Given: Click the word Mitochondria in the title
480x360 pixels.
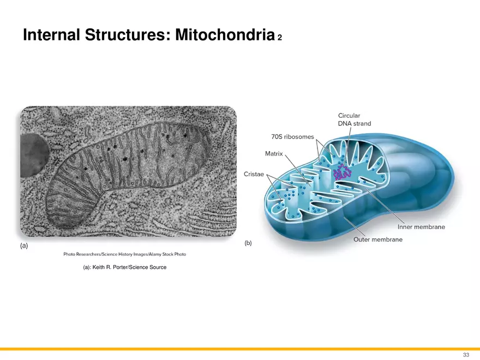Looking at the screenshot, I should (224, 35).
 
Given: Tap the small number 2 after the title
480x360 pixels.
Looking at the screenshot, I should (280, 38).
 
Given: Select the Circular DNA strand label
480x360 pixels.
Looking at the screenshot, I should (354, 119).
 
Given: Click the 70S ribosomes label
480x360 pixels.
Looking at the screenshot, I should (292, 136).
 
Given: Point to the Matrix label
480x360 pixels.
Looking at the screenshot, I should (274, 154).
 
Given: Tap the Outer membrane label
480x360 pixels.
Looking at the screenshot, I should (378, 239).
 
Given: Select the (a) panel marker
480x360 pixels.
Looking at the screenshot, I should (24, 246).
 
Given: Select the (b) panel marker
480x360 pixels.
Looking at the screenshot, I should (248, 243).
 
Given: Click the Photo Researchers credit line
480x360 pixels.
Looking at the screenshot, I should (124, 255).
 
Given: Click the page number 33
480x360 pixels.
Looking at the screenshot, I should (465, 355).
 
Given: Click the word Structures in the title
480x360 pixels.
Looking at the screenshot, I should (128, 35).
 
